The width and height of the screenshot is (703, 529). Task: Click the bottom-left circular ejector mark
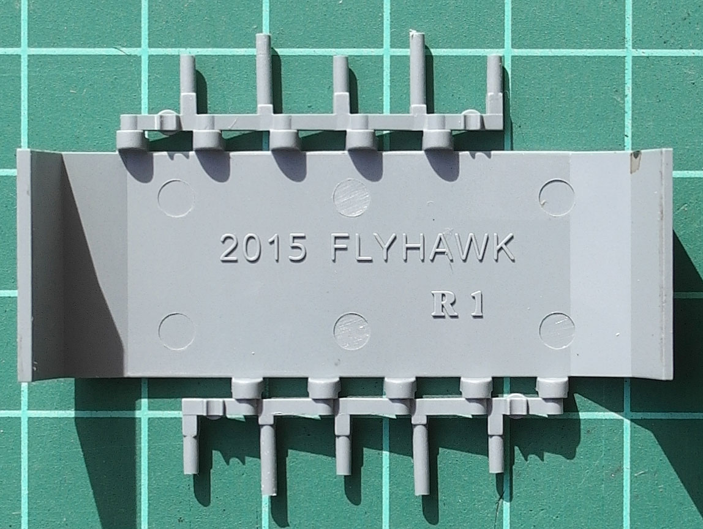[x=176, y=331]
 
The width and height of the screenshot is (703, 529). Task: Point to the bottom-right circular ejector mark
[x=557, y=330]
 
